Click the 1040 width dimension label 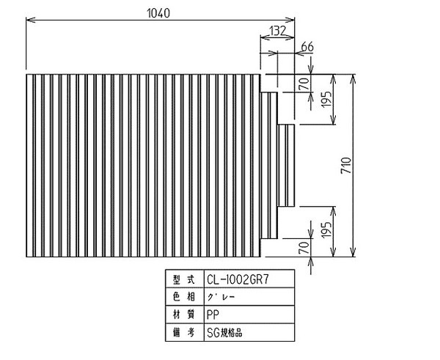click(158, 13)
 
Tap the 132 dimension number click(277, 31)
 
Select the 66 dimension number click(307, 47)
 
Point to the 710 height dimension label click(346, 165)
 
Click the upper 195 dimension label click(326, 99)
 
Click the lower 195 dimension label click(326, 230)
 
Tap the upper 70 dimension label click(304, 84)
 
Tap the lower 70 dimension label click(304, 248)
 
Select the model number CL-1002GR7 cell click(249, 279)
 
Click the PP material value click(213, 315)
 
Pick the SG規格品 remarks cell click(249, 332)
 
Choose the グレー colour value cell click(249, 297)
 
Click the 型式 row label click(184, 279)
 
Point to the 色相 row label click(184, 297)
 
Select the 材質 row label click(184, 315)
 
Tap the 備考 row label click(184, 333)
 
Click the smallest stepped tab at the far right click(286, 165)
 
